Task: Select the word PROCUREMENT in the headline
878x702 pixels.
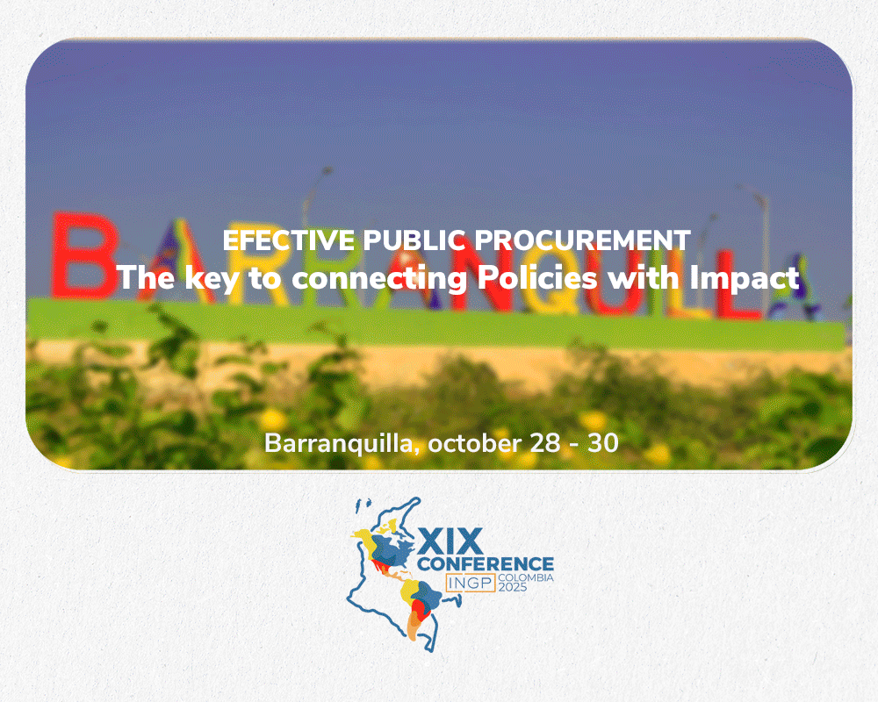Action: pos(582,240)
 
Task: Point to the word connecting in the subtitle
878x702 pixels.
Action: pos(379,278)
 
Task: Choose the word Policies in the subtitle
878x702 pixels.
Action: pos(537,277)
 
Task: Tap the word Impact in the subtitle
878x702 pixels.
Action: pos(745,278)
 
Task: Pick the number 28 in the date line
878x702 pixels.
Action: pos(545,443)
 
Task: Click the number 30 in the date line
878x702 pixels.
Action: pos(603,443)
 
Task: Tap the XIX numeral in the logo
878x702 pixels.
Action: pos(450,541)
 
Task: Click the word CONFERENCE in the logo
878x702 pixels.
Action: pos(486,563)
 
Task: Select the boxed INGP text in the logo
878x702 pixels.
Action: pos(471,583)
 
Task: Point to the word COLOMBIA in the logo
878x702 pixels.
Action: pos(526,577)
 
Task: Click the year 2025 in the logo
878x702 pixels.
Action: pos(513,587)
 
